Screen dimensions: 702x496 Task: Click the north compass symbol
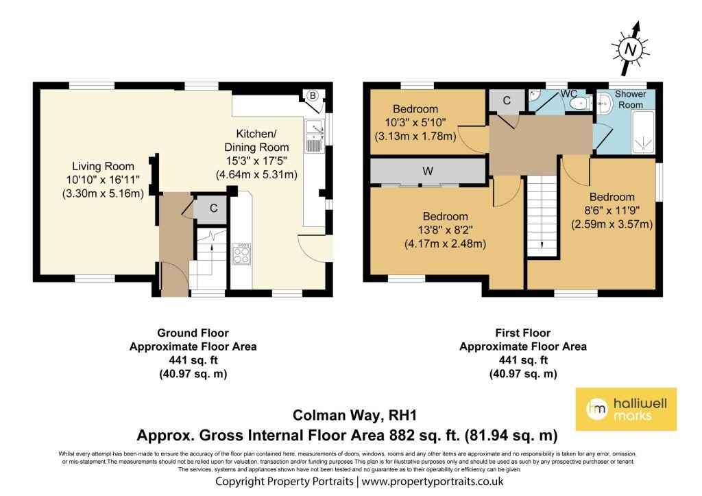(629, 49)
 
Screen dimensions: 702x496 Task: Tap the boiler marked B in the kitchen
(313, 96)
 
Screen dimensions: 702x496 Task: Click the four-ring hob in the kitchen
(241, 254)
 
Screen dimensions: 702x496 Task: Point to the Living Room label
(103, 166)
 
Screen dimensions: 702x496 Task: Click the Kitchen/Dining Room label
(256, 140)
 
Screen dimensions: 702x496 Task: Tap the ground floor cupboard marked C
(212, 209)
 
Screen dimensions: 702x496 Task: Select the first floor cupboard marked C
(507, 100)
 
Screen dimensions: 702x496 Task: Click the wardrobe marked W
(428, 170)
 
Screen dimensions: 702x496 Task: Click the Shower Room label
(631, 99)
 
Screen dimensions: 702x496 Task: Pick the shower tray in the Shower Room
(643, 132)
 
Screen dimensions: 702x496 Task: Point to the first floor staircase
(542, 215)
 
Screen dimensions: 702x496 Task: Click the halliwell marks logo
(626, 409)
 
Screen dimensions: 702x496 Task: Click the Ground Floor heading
(193, 333)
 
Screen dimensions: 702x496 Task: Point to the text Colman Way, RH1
(354, 415)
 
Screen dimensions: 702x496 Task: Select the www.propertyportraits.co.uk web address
(433, 482)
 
